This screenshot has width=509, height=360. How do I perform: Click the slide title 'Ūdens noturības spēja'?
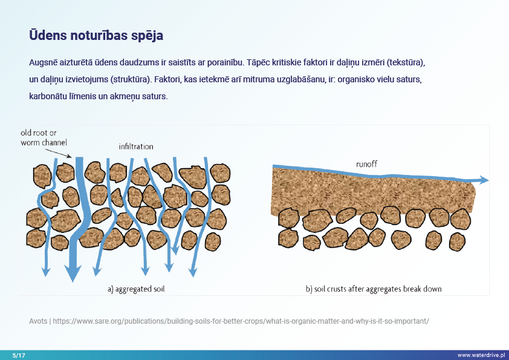pos(96,36)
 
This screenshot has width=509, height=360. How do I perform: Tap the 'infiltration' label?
pos(136,146)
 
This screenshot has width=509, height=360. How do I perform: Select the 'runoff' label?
pos(367,163)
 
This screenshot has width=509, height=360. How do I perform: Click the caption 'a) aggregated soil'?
pos(136,289)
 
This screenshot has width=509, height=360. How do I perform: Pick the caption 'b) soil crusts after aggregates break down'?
pos(374,289)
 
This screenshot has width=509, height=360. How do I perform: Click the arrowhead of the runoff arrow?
pos(483,180)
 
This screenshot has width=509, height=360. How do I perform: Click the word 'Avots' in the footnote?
pos(37,321)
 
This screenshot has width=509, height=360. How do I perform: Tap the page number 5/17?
pos(19,355)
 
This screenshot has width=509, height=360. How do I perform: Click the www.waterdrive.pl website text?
pos(481,355)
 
